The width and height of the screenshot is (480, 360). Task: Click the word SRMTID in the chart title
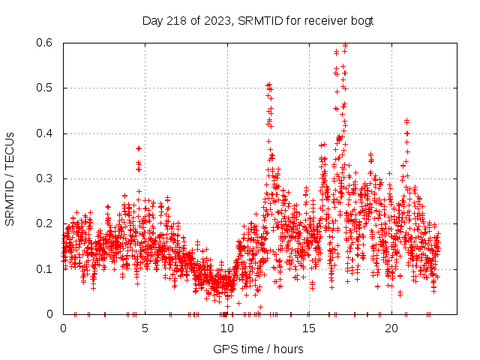(255, 20)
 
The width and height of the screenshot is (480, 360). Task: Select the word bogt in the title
(361, 20)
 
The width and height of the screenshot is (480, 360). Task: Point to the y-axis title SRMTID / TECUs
(10, 178)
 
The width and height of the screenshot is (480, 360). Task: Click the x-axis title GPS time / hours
(258, 349)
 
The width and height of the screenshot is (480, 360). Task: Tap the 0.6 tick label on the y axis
(47, 43)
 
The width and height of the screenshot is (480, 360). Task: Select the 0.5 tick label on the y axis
(47, 88)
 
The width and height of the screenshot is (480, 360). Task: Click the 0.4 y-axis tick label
(47, 133)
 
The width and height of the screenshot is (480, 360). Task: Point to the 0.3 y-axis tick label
(47, 178)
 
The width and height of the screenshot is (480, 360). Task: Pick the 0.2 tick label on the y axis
(47, 223)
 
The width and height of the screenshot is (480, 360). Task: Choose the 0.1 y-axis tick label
(47, 268)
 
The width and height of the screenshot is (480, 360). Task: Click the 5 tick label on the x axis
(145, 328)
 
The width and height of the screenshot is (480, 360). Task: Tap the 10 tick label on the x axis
(227, 328)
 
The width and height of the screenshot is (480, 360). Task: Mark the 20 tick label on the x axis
(391, 328)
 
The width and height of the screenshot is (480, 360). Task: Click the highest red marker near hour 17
(345, 45)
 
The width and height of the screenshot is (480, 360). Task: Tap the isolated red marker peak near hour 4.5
(139, 148)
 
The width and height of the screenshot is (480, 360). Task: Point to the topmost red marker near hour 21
(406, 121)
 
